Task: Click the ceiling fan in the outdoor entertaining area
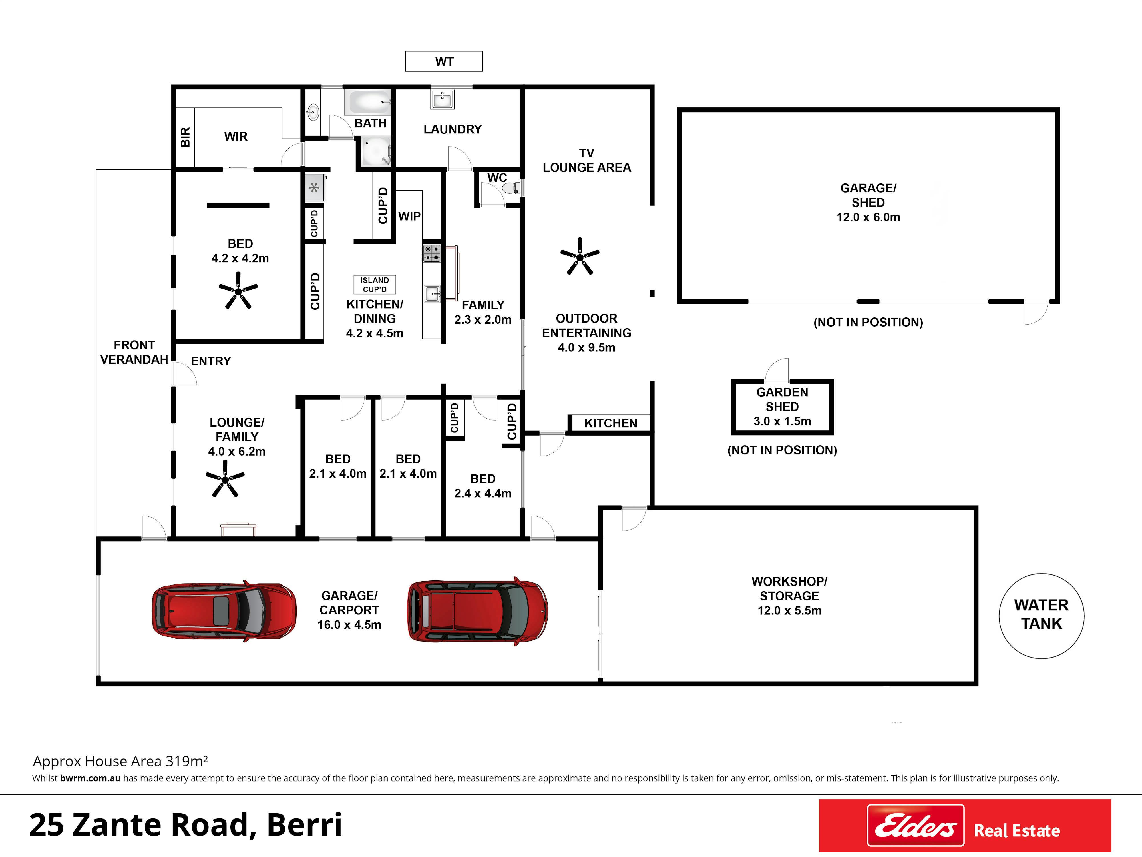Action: click(580, 256)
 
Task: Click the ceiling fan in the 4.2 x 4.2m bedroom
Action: click(238, 291)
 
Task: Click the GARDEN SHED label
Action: click(782, 399)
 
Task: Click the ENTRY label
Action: click(211, 361)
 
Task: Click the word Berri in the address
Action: click(305, 825)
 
